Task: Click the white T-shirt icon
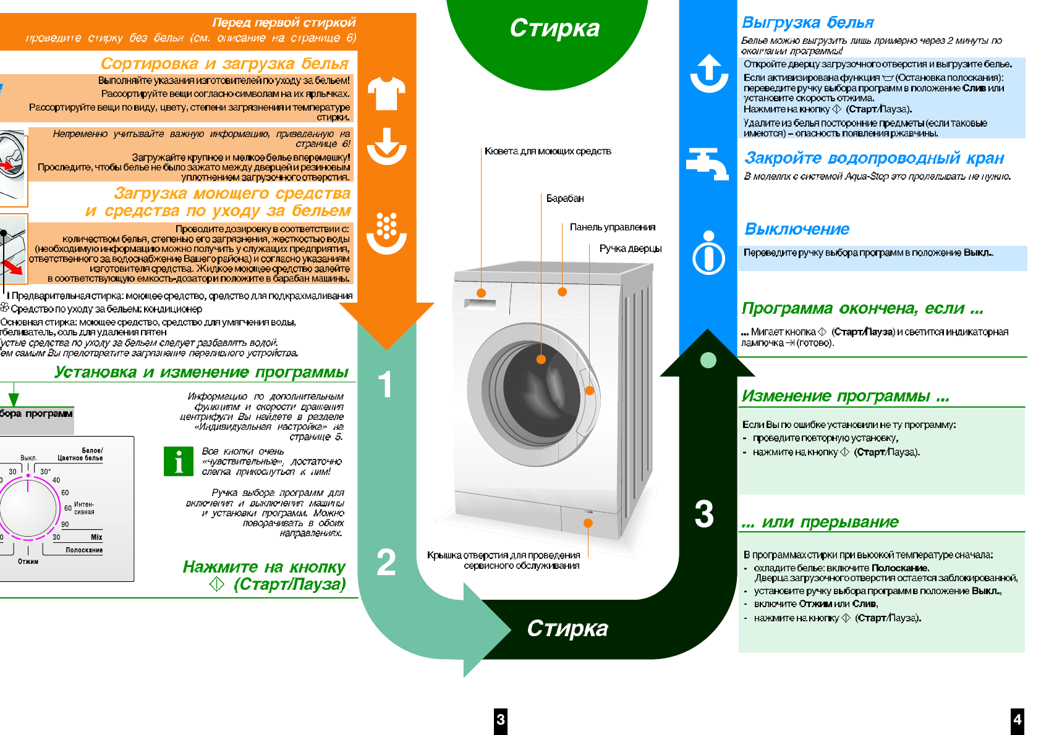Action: click(x=386, y=93)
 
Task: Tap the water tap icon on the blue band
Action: click(x=707, y=163)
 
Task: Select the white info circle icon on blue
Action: click(x=708, y=253)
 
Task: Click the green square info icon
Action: click(x=179, y=461)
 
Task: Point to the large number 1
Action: click(x=385, y=384)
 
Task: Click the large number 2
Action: click(x=386, y=562)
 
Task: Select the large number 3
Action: click(x=704, y=514)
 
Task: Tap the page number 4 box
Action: click(x=1017, y=720)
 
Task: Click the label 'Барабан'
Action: click(x=564, y=198)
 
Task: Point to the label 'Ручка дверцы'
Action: click(x=630, y=248)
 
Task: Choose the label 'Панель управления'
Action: click(x=612, y=227)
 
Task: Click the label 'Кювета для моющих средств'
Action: click(x=548, y=151)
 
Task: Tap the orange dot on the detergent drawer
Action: click(x=482, y=293)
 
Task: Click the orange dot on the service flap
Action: click(x=588, y=523)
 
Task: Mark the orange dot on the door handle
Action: click(x=590, y=390)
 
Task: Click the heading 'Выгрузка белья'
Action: click(x=807, y=23)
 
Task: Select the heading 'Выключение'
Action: click(x=797, y=229)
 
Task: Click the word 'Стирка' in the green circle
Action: click(x=554, y=28)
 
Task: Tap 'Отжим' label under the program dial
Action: click(x=28, y=561)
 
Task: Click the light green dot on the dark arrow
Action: click(x=708, y=360)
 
